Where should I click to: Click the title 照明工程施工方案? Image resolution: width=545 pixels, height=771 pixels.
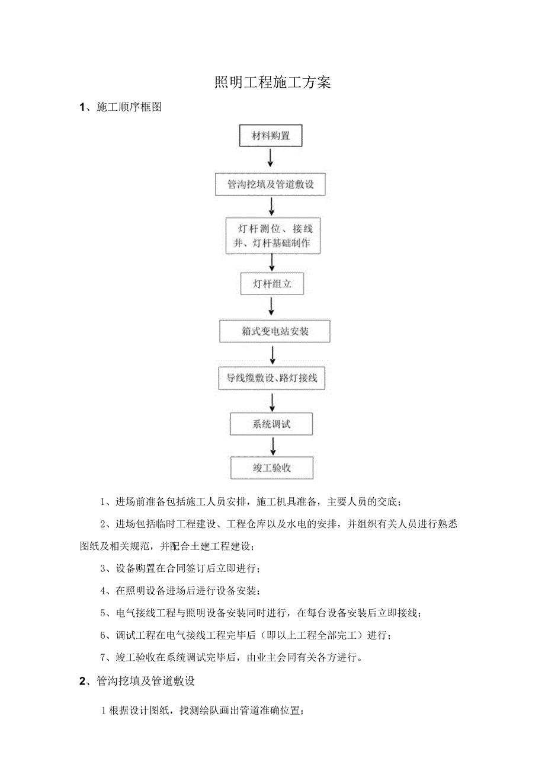point(272,82)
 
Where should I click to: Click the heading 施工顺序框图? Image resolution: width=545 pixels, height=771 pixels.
point(129,107)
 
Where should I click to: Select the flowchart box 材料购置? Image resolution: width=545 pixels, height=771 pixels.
point(271,136)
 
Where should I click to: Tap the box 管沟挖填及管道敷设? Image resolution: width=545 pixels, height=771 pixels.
point(270,184)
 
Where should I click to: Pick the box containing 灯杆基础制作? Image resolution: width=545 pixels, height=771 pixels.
point(272,236)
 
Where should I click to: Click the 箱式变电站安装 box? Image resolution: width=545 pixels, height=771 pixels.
point(275,331)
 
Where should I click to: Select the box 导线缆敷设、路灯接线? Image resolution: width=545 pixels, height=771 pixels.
point(272,377)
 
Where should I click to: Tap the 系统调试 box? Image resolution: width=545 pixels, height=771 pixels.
point(272,424)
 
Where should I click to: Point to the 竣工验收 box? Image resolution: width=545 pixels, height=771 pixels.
point(272,468)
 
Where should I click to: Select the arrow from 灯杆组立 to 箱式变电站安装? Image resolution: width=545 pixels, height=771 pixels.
point(272,307)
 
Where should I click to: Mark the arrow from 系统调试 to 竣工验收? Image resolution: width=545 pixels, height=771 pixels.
point(272,446)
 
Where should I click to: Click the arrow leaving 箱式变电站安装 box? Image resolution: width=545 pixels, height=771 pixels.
point(272,354)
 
